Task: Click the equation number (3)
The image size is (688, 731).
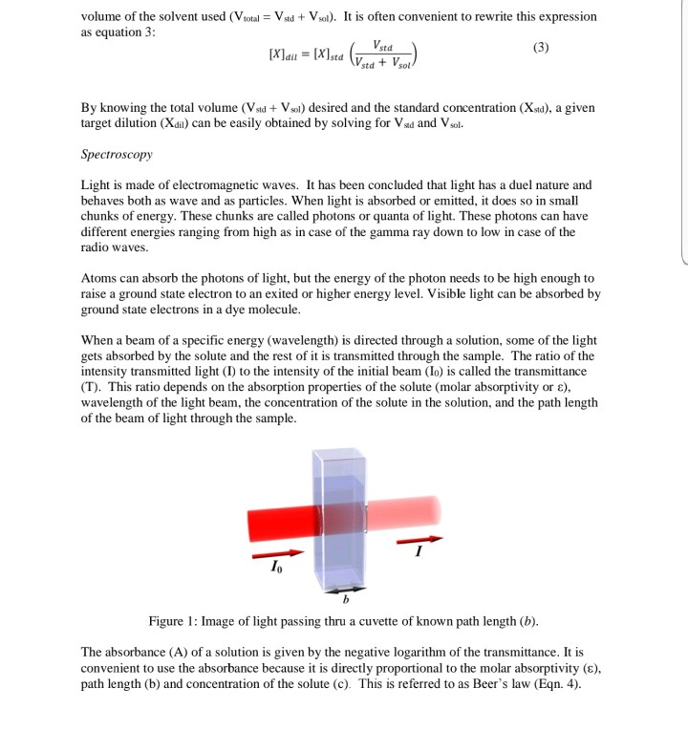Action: [541, 48]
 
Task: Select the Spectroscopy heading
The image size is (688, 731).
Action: [117, 154]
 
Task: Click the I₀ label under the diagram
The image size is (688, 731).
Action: [276, 568]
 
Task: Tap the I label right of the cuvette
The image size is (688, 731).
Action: [417, 551]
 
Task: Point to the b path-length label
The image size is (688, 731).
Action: [346, 600]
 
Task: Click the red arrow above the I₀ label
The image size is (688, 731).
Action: [276, 553]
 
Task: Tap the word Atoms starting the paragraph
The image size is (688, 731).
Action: [99, 278]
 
